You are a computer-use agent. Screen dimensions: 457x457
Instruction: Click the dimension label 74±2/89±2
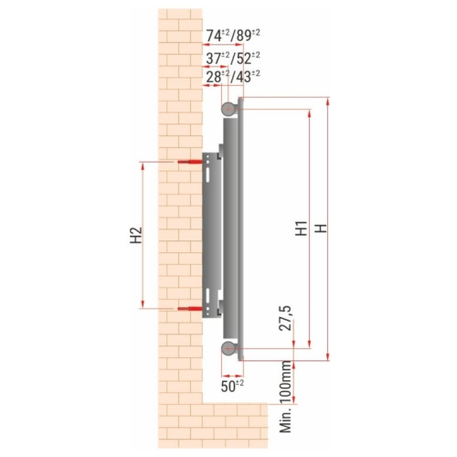pyautogui.click(x=233, y=35)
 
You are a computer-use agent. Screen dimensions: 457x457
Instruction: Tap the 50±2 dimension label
pyautogui.click(x=233, y=386)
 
